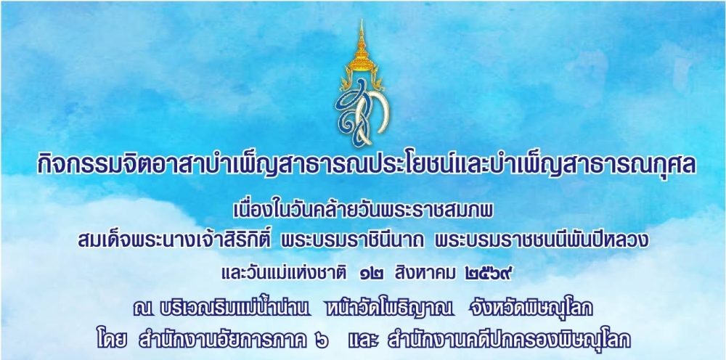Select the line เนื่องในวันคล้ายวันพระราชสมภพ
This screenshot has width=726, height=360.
point(364,211)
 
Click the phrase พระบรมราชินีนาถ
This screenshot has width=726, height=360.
point(355,241)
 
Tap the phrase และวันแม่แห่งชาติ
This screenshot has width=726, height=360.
point(284,274)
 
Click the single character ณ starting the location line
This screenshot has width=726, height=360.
point(141,309)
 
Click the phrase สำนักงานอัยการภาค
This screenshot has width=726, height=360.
point(223,339)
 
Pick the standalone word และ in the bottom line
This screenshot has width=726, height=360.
point(362,340)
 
